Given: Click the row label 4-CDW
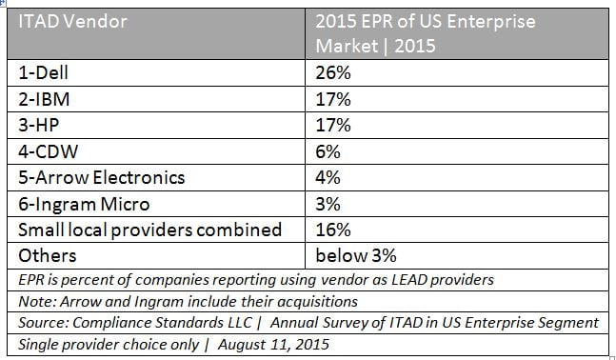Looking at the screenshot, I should (45, 150).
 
